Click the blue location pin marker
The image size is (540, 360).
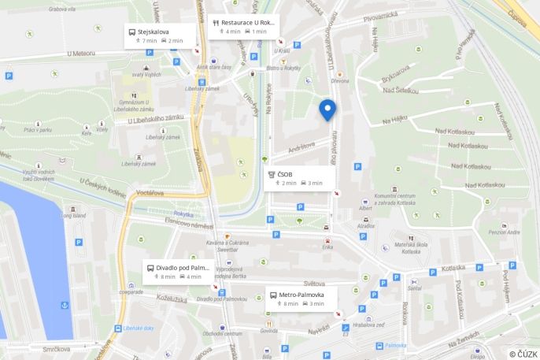[x=327, y=110]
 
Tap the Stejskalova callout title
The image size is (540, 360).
[x=153, y=32]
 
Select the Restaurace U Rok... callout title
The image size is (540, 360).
[x=248, y=23]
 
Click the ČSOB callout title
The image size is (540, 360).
[x=285, y=173]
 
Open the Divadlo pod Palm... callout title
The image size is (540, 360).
[x=182, y=268]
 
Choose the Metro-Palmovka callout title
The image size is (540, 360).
[x=301, y=295]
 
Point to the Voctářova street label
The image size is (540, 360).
[x=149, y=192]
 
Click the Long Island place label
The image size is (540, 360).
[x=75, y=215]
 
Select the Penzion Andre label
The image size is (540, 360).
[x=504, y=232]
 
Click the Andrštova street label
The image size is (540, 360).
[x=301, y=146]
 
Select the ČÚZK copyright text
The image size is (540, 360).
[x=523, y=354]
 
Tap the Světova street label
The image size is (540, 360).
[x=314, y=283]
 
